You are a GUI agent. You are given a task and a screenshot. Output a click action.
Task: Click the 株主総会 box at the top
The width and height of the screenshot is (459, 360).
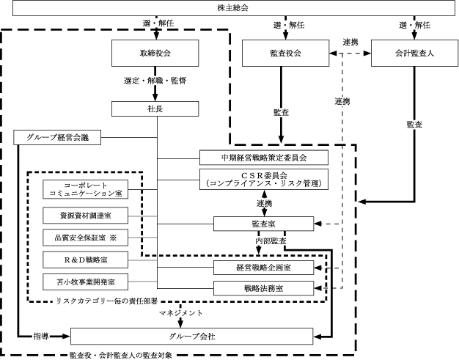pyautogui.click(x=229, y=8)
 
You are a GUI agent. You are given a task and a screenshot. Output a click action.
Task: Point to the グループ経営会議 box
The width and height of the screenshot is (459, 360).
pyautogui.click(x=57, y=137)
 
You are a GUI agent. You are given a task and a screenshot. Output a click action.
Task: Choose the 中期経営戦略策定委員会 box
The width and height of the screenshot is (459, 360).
pyautogui.click(x=263, y=157)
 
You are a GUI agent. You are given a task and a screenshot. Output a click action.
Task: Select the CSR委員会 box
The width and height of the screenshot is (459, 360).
pyautogui.click(x=263, y=178)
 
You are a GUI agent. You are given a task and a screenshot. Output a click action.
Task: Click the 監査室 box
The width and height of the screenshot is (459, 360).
pyautogui.click(x=263, y=224)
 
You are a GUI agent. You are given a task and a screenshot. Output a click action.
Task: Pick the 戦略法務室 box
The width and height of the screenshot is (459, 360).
pyautogui.click(x=263, y=287)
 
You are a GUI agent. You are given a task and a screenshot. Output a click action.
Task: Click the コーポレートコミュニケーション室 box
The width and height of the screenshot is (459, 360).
pyautogui.click(x=87, y=189)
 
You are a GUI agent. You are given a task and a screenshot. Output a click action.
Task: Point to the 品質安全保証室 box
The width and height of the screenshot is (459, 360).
pyautogui.click(x=87, y=238)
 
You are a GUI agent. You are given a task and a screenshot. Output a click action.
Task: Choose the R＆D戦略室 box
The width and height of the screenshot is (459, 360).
pyautogui.click(x=87, y=260)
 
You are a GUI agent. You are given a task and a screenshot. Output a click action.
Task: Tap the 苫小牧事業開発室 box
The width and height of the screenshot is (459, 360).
pyautogui.click(x=87, y=281)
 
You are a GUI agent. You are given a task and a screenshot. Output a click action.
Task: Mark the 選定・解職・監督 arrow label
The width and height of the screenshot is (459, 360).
pyautogui.click(x=155, y=80)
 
